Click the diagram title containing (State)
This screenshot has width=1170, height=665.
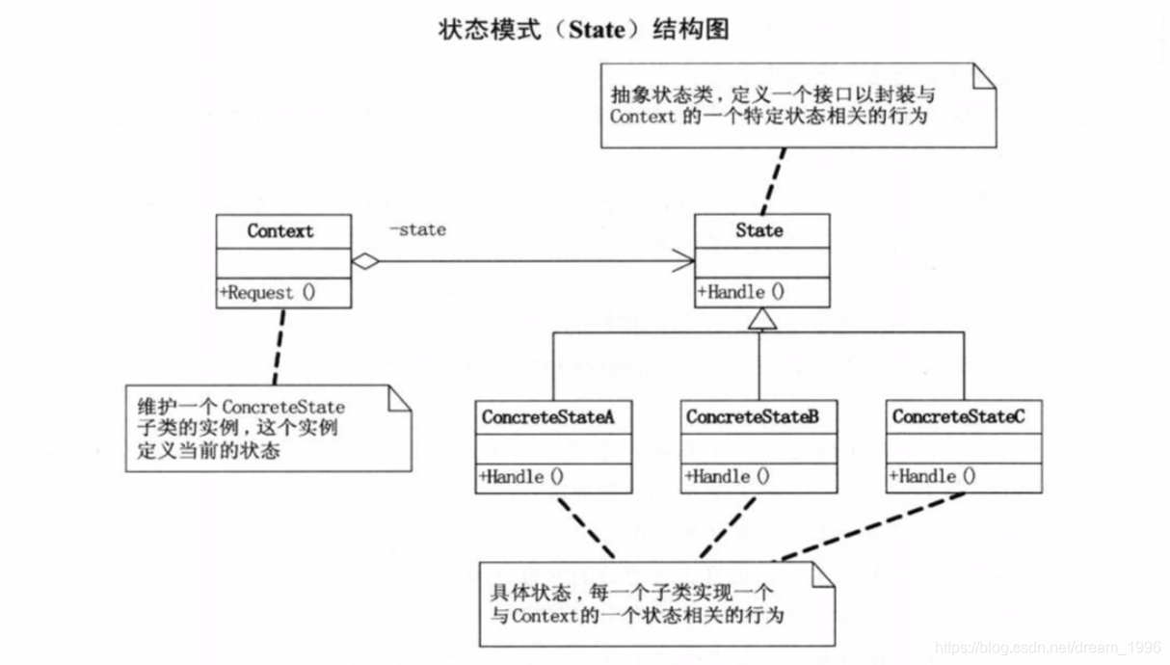coord(584,29)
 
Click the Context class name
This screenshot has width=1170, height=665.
coord(280,231)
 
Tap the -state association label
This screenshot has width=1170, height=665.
coord(417,230)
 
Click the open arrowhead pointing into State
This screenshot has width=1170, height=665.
coord(683,260)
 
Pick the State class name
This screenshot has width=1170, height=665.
coord(759,231)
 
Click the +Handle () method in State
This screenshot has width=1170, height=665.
coord(740,292)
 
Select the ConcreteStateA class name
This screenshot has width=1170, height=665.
coord(547,417)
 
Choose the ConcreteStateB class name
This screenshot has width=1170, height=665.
coord(753,417)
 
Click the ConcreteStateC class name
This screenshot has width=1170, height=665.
coord(959,417)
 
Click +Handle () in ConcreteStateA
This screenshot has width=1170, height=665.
coord(520,476)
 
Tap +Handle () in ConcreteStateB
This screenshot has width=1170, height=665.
coord(727,476)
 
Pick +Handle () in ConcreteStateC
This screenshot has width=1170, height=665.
coord(932,476)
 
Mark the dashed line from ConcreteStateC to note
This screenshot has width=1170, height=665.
coord(872,527)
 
